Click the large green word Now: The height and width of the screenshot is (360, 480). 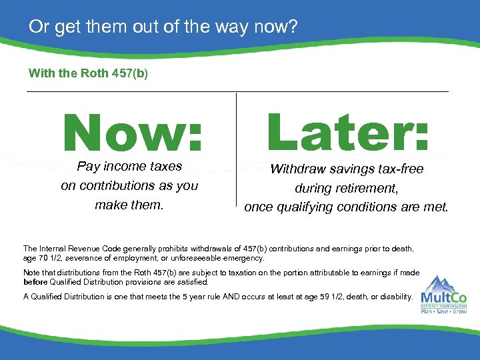[133, 131]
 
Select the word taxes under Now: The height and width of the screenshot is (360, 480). [164, 166]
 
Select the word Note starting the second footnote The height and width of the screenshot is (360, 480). [31, 273]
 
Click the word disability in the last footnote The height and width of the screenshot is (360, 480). [396, 296]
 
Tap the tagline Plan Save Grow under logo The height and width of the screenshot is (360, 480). [443, 311]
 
